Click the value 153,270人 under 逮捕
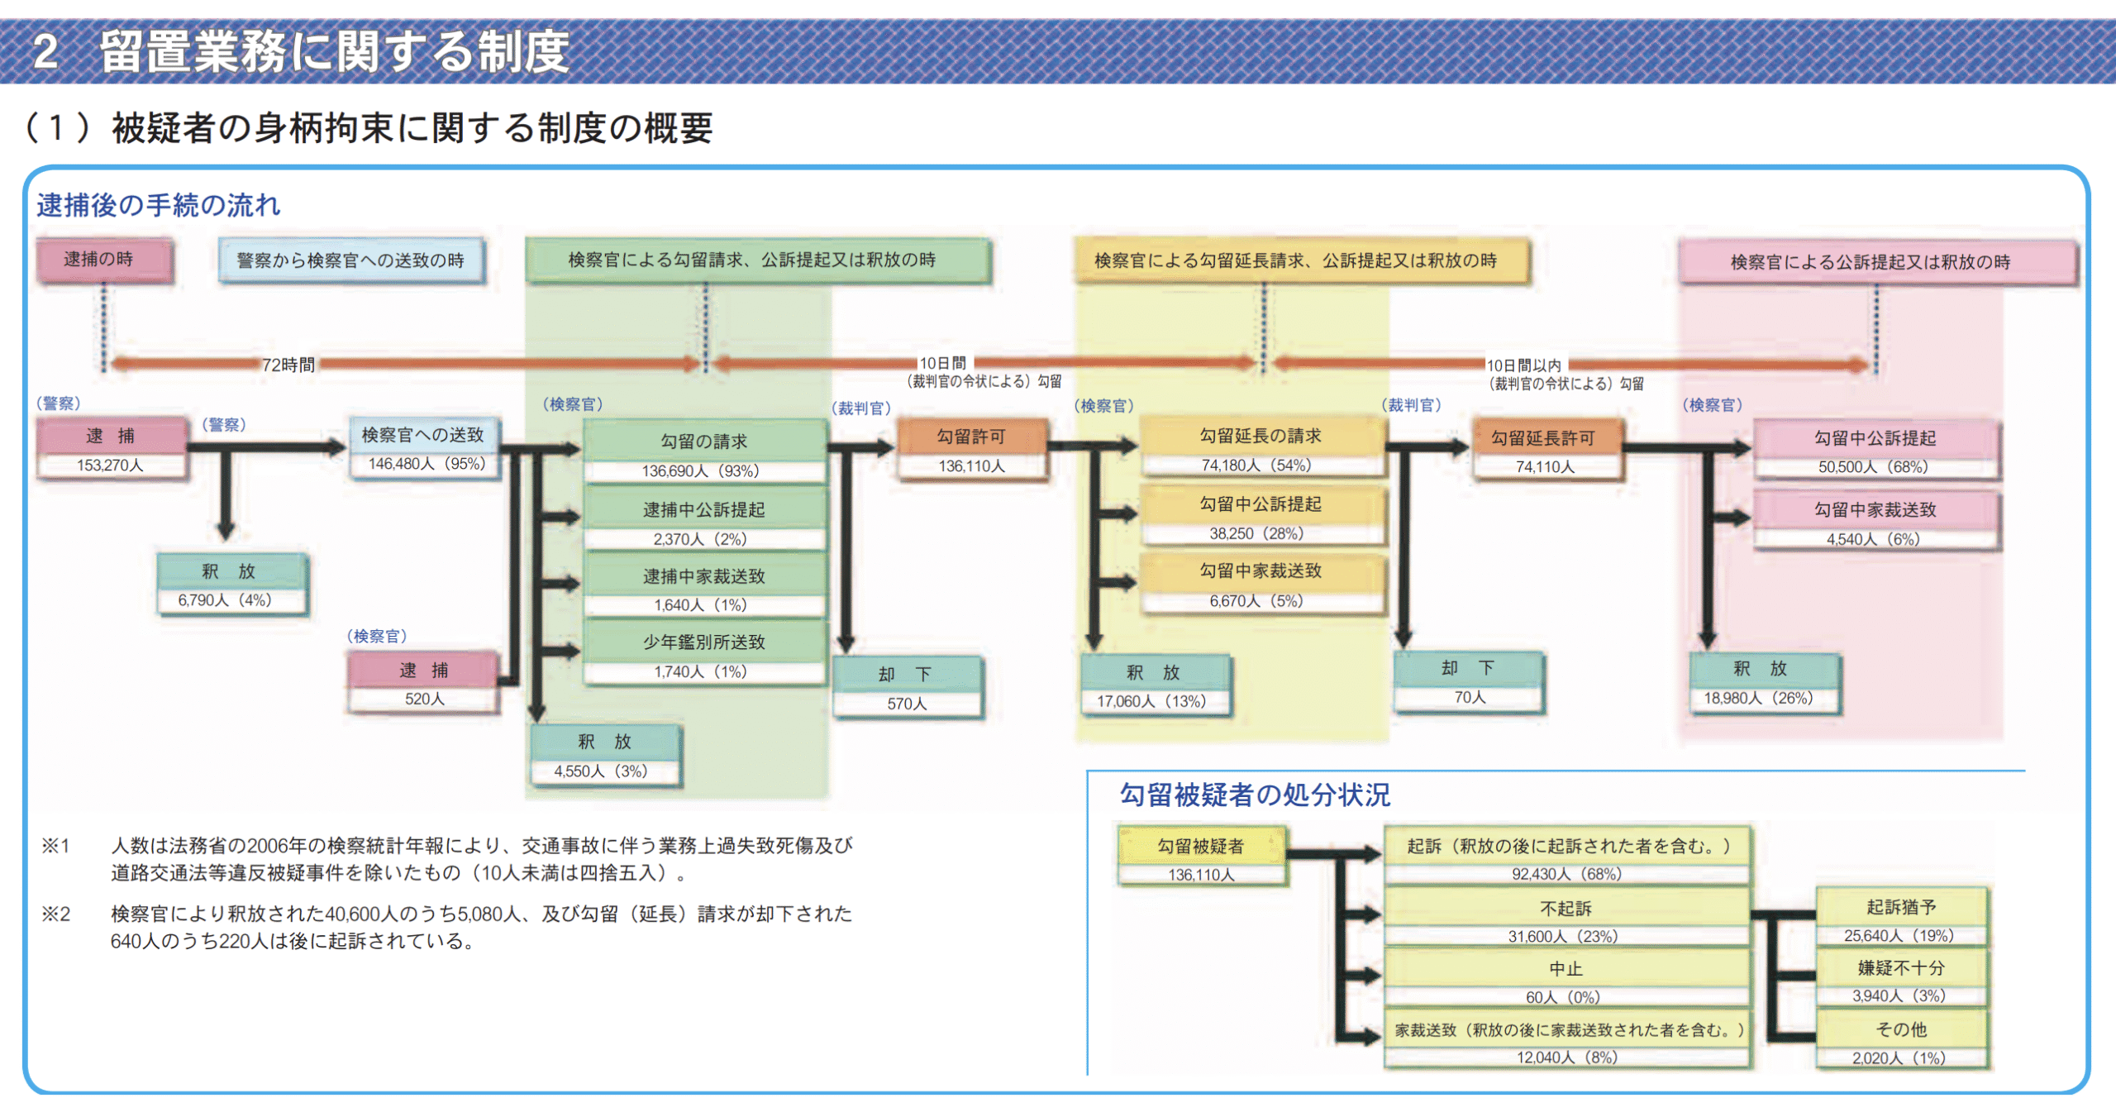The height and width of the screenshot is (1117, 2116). [110, 465]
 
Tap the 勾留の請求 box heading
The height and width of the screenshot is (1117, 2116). [703, 442]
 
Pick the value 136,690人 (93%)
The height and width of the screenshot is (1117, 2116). [700, 471]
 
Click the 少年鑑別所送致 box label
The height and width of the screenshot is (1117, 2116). [703, 642]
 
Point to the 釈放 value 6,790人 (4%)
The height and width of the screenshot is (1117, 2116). [224, 600]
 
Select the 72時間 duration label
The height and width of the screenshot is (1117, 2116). [288, 365]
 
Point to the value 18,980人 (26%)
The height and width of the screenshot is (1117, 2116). [1758, 698]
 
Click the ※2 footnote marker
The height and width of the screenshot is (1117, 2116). [56, 914]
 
